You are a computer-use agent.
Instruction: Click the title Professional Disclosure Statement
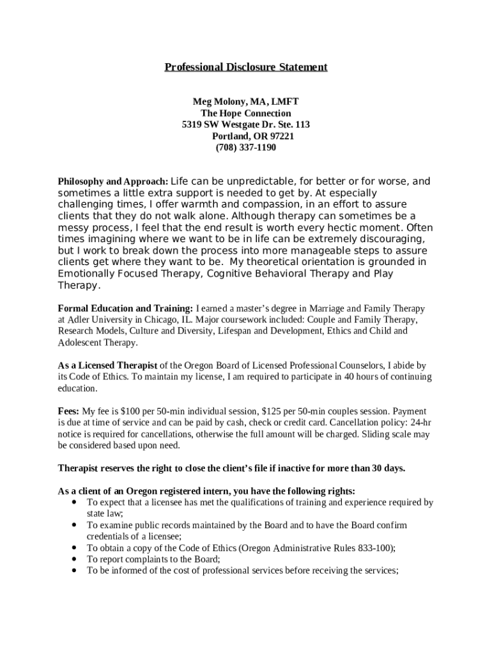pos(246,67)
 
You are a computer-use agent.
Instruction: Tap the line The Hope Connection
pos(246,113)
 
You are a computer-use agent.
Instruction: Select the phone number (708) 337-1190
pos(246,148)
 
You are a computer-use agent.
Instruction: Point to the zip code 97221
pos(282,136)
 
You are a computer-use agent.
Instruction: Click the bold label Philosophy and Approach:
pos(113,182)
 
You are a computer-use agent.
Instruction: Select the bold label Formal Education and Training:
pos(125,308)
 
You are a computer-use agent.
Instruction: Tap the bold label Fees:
pos(69,411)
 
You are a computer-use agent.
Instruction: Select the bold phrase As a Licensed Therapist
pos(107,365)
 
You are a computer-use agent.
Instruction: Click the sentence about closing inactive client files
pos(231,468)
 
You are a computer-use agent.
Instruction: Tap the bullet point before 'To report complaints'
pos(76,559)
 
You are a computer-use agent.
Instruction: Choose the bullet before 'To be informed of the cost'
pos(76,570)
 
